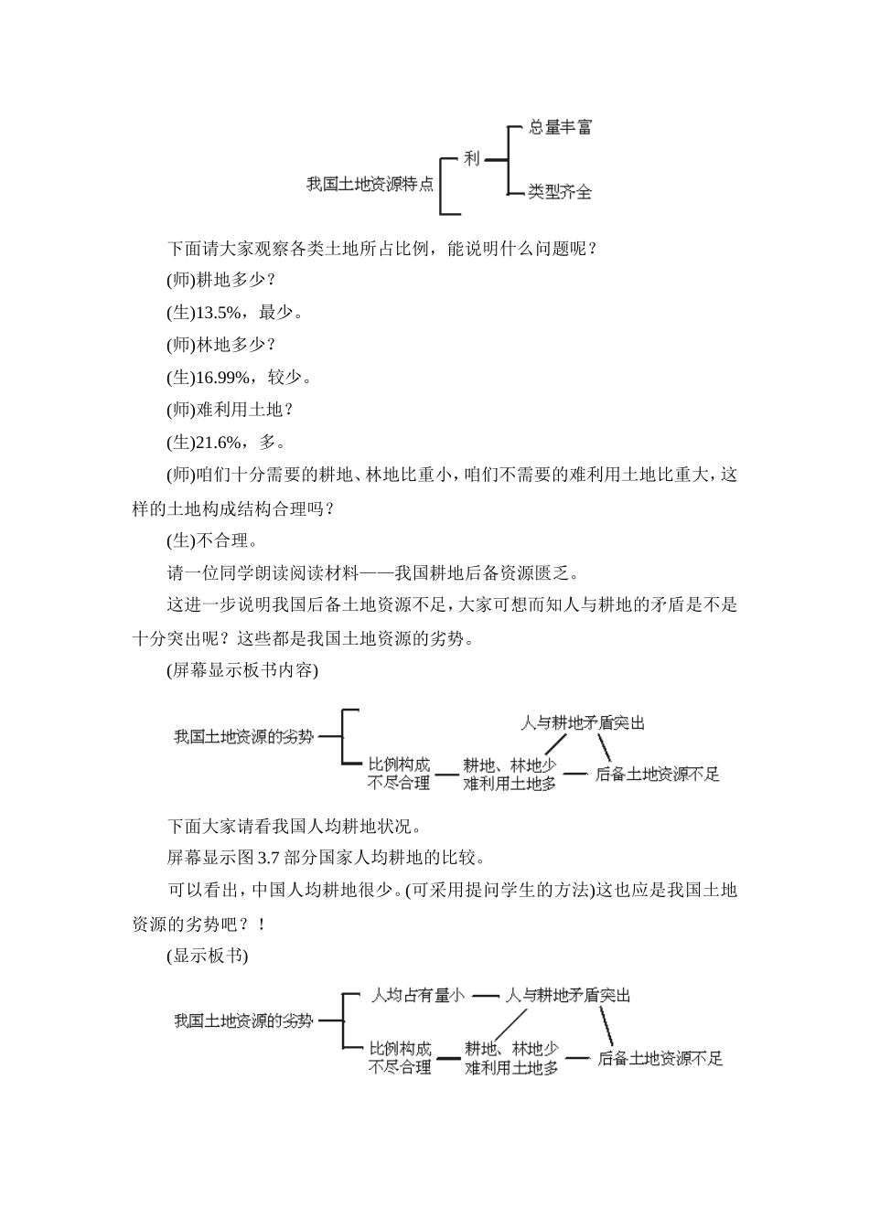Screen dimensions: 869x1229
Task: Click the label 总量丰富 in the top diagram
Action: pyautogui.click(x=560, y=128)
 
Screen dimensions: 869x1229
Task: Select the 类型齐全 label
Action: pyautogui.click(x=560, y=192)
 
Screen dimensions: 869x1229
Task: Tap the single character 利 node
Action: pyautogui.click(x=471, y=159)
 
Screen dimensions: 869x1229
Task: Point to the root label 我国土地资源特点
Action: pyautogui.click(x=370, y=184)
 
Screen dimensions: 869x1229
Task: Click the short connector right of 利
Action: pyautogui.click(x=495, y=160)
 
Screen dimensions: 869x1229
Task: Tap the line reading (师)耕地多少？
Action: pyautogui.click(x=220, y=280)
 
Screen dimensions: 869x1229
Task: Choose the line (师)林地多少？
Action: pyautogui.click(x=220, y=345)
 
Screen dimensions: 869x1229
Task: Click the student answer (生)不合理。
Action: pyautogui.click(x=212, y=540)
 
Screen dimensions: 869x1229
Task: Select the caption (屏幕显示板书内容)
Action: pyautogui.click(x=242, y=670)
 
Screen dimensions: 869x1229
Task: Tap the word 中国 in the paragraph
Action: pyautogui.click(x=270, y=890)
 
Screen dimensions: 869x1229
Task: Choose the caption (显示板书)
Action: pyautogui.click(x=208, y=956)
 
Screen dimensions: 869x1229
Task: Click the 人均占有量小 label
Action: pyautogui.click(x=417, y=995)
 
